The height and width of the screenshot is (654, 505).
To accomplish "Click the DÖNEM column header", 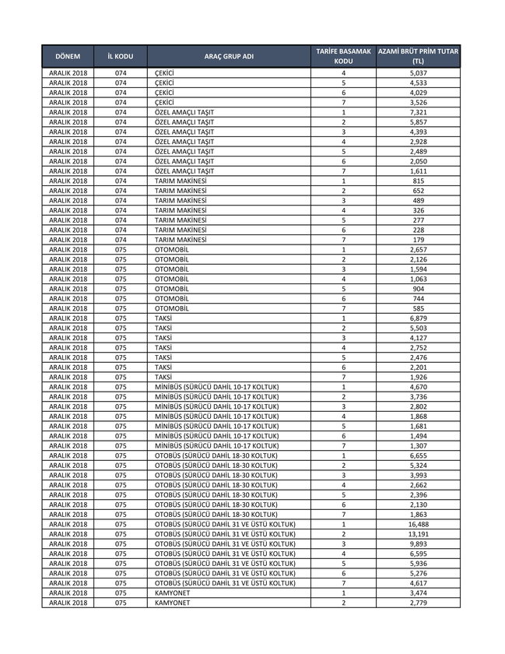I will click(x=68, y=57).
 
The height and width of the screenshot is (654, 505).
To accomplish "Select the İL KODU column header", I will click(x=120, y=57).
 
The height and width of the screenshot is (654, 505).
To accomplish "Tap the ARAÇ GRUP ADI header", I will click(x=229, y=57).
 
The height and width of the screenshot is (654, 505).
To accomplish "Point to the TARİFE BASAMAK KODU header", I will click(x=343, y=56).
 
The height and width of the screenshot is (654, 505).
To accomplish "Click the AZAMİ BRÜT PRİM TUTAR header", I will click(x=418, y=56).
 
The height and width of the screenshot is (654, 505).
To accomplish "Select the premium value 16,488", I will click(x=418, y=524).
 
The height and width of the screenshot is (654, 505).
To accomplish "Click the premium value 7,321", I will click(x=418, y=112).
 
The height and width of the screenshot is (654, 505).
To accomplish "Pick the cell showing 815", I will click(x=418, y=181).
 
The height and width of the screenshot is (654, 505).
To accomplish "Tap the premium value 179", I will click(x=418, y=240).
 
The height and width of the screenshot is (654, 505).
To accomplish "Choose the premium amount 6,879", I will click(x=418, y=318).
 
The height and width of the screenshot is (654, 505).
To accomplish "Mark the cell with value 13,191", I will click(x=418, y=534).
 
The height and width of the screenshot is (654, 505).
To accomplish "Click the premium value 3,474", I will click(x=418, y=593).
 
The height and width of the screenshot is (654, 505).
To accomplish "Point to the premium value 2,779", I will click(x=418, y=603).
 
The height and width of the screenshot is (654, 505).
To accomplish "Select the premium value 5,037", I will click(x=418, y=72).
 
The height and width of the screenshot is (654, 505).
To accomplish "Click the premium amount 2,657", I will click(x=418, y=249).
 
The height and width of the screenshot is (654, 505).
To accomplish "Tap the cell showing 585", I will click(x=418, y=308).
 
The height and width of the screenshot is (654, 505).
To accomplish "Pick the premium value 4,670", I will click(x=418, y=387).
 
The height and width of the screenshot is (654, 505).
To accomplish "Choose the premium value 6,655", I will click(x=418, y=455).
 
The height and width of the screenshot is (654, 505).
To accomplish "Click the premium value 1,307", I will click(x=418, y=446).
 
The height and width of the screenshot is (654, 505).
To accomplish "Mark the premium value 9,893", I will click(x=418, y=543).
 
